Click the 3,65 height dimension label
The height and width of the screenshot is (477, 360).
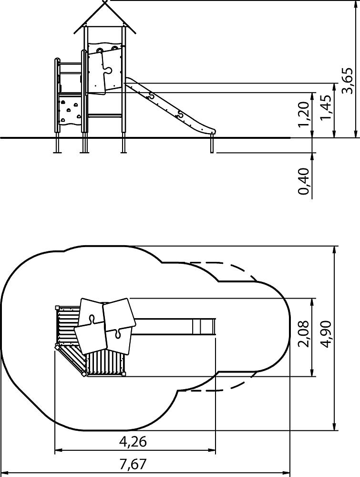coord(348,81)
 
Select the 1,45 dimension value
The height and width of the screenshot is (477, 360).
coord(326,108)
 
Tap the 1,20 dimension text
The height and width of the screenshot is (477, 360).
coord(304,114)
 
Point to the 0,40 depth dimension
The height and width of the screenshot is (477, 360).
coord(304,181)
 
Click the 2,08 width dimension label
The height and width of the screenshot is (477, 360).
coord(304,334)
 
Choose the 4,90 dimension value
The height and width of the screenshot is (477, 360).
coord(326,334)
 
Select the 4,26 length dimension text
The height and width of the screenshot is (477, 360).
coord(133,441)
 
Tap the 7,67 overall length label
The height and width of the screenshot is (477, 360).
coord(133,465)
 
